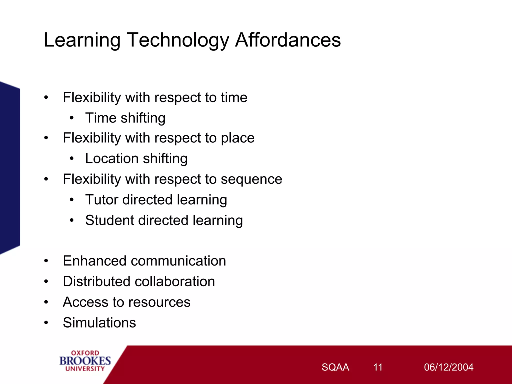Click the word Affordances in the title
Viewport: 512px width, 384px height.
click(288, 40)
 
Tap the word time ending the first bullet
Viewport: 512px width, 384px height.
click(234, 97)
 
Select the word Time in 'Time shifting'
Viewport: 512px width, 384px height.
click(101, 118)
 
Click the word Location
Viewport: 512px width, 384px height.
click(112, 159)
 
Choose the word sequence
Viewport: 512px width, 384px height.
click(251, 179)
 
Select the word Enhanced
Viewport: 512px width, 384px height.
click(94, 261)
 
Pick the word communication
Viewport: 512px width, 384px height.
click(178, 261)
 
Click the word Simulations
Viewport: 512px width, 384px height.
click(99, 323)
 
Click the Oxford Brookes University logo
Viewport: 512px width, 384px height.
click(85, 361)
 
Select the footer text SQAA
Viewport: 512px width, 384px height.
click(335, 367)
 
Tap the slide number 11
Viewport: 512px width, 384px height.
click(377, 367)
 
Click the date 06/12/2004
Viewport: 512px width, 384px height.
click(448, 367)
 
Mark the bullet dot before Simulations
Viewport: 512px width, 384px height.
click(46, 323)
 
